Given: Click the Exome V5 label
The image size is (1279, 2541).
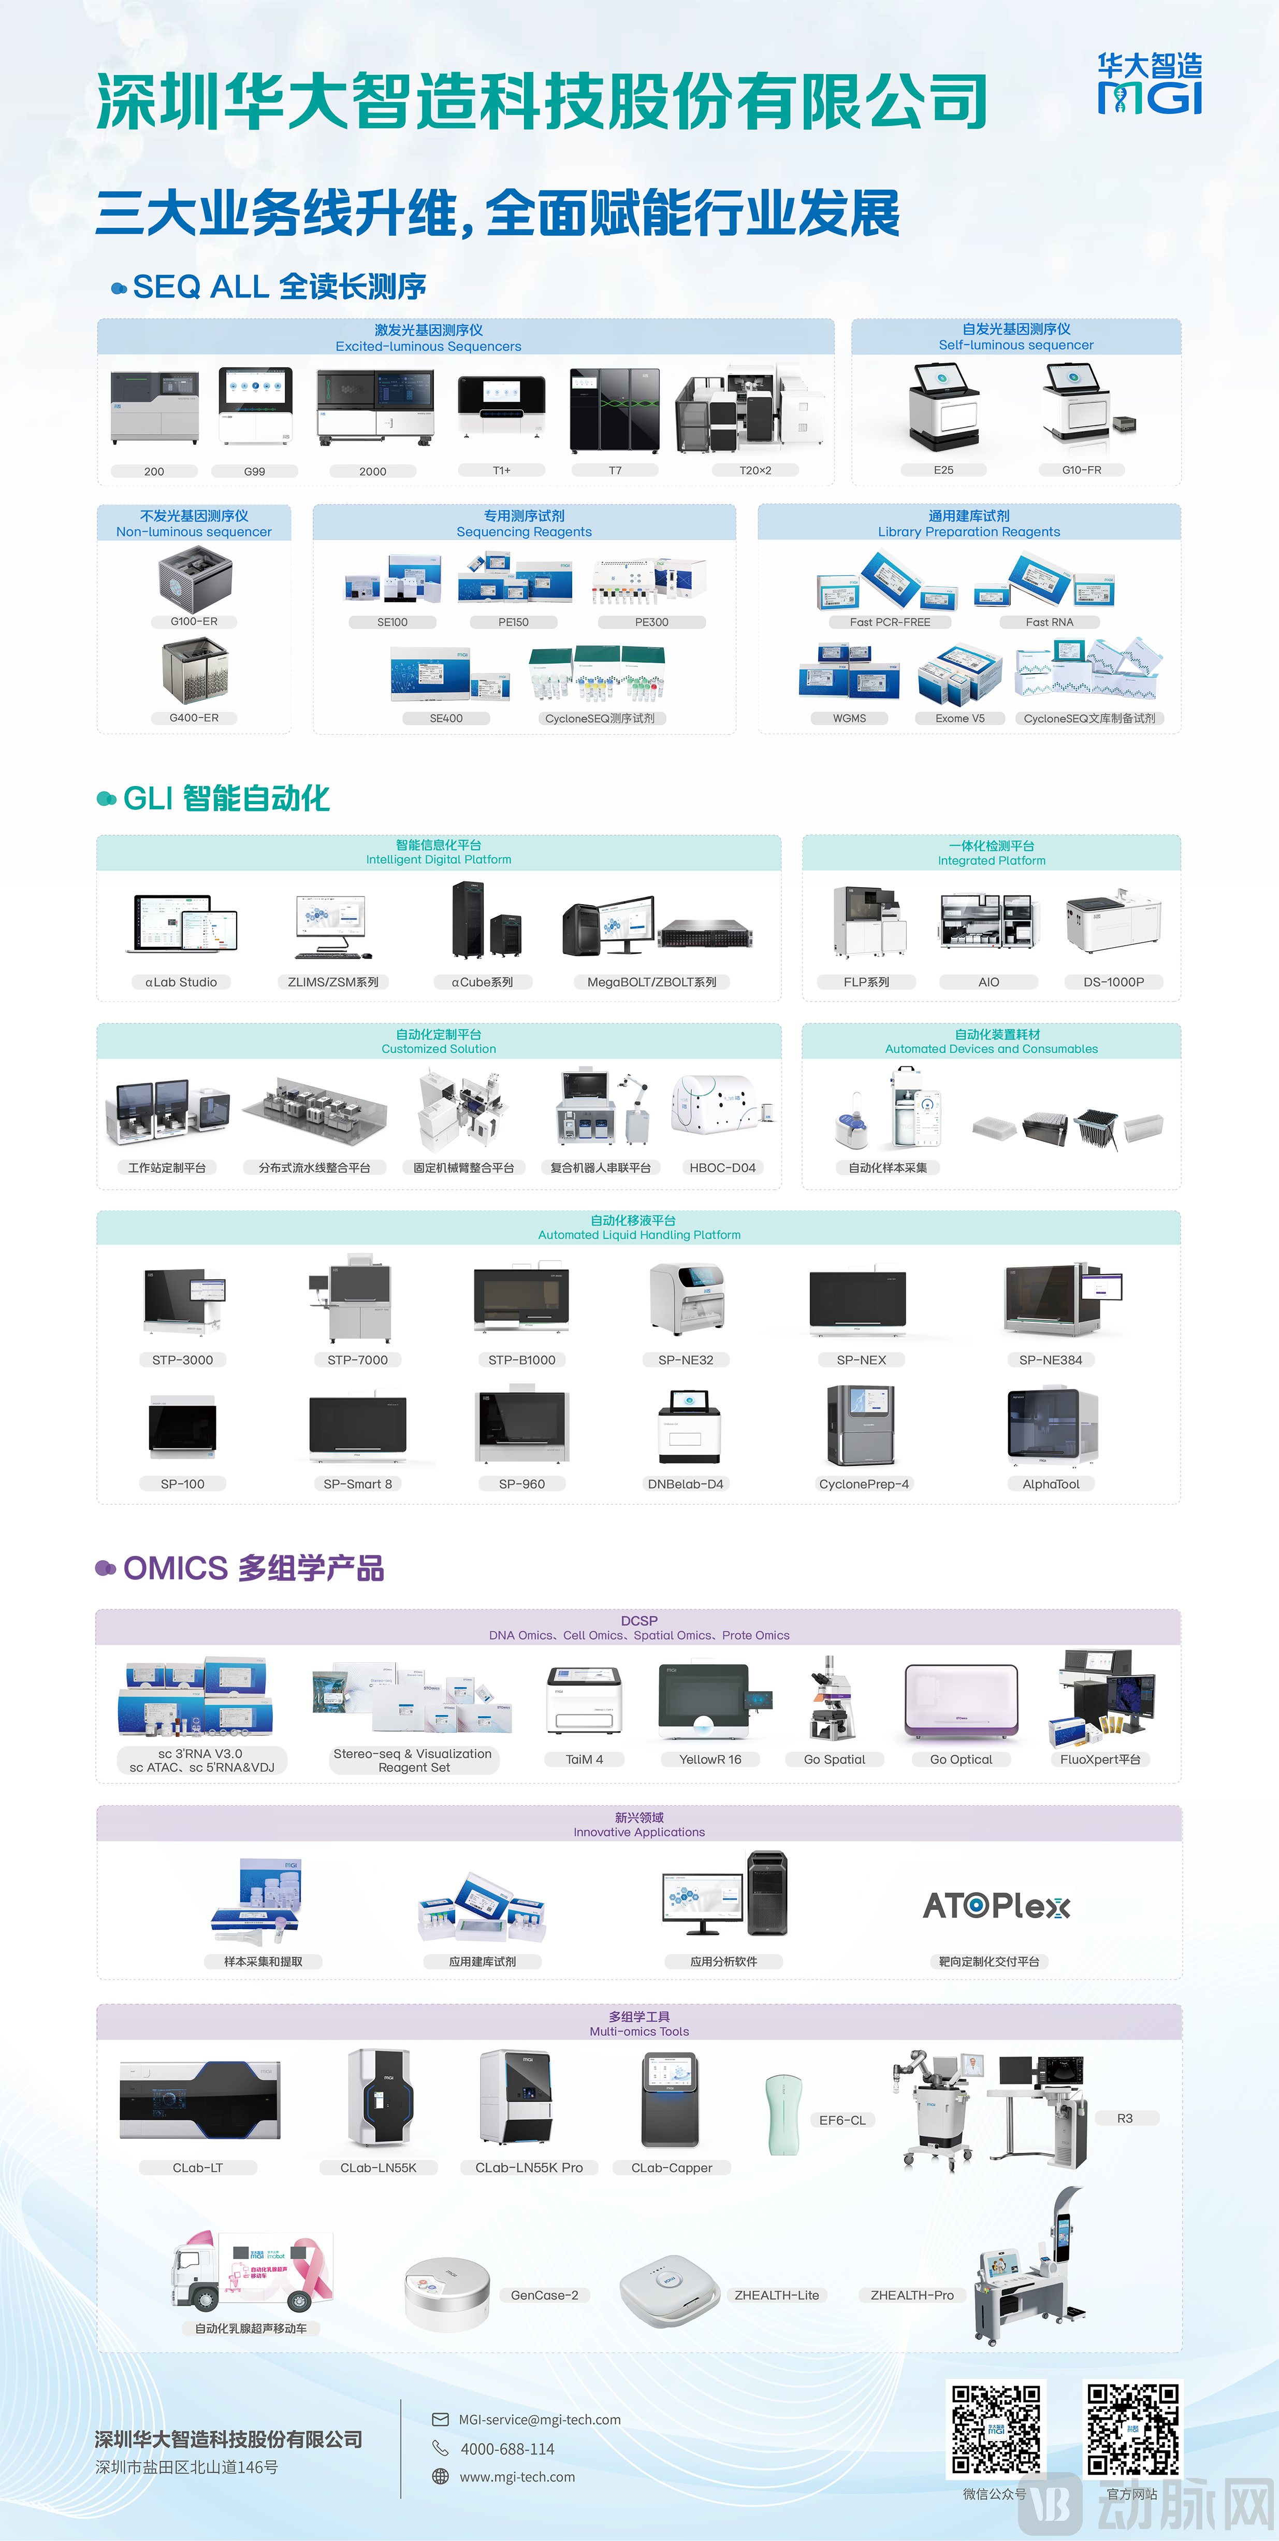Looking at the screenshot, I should click(x=960, y=718).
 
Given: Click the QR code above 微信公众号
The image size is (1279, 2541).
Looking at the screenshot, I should click(x=995, y=2430).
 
